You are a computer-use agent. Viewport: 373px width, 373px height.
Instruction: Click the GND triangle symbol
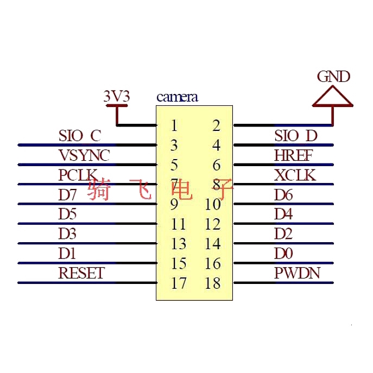click(x=333, y=96)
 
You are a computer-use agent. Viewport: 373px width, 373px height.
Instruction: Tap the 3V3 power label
click(x=117, y=96)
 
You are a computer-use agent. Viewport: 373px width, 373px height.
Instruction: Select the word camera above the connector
click(x=177, y=97)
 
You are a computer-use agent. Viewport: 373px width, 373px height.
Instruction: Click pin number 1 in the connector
click(x=174, y=125)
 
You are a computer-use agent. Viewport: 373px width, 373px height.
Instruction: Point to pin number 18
click(x=213, y=283)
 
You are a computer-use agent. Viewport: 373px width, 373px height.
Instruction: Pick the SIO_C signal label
click(x=80, y=136)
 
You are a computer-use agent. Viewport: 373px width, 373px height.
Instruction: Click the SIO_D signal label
click(x=296, y=136)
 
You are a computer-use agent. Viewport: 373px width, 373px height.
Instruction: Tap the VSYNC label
click(x=84, y=155)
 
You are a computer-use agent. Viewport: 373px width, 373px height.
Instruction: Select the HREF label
click(x=293, y=155)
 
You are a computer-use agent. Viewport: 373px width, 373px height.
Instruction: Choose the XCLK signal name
click(x=295, y=175)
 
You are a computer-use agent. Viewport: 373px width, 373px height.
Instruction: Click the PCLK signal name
click(x=78, y=175)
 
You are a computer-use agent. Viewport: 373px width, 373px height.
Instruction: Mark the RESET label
click(x=81, y=273)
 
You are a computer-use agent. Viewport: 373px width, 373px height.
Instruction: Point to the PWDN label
click(x=297, y=273)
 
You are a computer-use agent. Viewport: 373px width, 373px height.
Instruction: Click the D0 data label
click(x=283, y=254)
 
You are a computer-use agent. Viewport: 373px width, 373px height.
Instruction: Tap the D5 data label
click(x=67, y=214)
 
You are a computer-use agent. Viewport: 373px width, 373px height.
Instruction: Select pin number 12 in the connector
click(x=213, y=224)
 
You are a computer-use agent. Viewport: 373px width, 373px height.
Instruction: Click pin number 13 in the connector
click(x=179, y=244)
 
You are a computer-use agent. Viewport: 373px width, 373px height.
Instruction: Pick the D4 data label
click(x=283, y=214)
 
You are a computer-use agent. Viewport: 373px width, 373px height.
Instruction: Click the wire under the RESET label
click(x=87, y=283)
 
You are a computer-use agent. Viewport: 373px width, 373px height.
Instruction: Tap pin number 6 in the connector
click(x=217, y=165)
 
